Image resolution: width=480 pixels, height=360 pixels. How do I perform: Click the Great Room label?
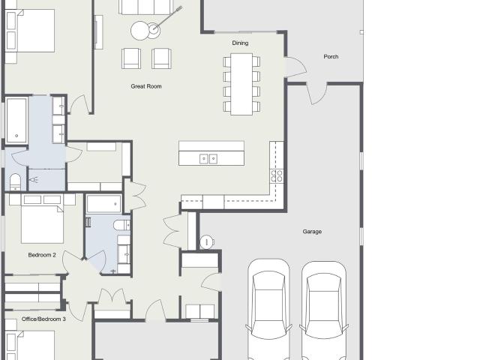point(146,86)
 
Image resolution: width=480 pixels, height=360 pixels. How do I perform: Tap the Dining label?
point(240,43)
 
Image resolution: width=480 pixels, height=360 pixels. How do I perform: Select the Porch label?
point(331,57)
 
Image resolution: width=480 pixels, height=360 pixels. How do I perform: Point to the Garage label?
point(312,232)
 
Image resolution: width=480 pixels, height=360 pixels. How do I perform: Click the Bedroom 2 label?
point(42,255)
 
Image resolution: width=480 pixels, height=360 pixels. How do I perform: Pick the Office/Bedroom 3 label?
point(43,319)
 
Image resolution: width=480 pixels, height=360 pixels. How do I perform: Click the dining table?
point(241,84)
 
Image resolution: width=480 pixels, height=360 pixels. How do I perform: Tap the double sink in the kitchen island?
point(208,159)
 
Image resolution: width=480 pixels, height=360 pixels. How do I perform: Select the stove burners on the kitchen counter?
point(277,176)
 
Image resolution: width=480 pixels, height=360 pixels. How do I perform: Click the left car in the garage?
point(268,309)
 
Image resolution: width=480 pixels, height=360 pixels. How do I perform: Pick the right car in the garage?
point(323,310)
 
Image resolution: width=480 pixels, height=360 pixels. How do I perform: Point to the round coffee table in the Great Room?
point(140,31)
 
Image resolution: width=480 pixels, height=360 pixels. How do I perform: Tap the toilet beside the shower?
point(15,182)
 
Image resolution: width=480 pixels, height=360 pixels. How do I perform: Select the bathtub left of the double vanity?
point(16,120)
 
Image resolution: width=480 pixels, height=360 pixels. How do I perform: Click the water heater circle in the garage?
point(207,241)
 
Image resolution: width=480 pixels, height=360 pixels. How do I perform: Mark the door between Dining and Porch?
point(295,67)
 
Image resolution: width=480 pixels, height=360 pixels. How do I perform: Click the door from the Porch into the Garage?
point(316,93)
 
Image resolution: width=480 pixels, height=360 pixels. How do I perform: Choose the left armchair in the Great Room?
point(131,58)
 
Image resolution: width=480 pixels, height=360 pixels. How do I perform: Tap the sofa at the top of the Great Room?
point(146,7)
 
